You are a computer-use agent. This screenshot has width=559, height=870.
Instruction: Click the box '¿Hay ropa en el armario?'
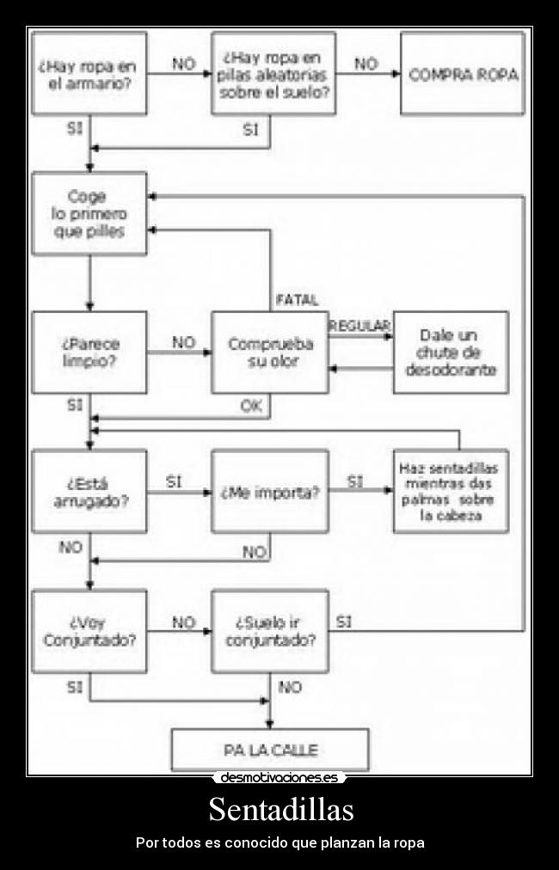pyautogui.click(x=89, y=73)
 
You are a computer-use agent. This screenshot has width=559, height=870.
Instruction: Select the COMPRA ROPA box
pyautogui.click(x=463, y=74)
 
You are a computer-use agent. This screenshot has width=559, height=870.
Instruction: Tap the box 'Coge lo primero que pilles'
pyautogui.click(x=89, y=213)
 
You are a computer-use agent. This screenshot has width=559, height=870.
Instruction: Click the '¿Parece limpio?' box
pyautogui.click(x=89, y=352)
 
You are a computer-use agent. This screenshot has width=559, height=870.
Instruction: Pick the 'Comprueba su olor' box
pyautogui.click(x=269, y=352)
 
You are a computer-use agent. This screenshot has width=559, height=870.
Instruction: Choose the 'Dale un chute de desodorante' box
pyautogui.click(x=451, y=352)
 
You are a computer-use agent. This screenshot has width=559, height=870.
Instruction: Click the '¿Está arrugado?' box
pyautogui.click(x=89, y=492)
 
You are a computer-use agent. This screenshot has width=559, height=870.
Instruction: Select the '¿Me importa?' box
pyautogui.click(x=269, y=492)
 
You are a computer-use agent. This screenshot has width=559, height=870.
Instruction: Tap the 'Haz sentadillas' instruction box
pyautogui.click(x=451, y=492)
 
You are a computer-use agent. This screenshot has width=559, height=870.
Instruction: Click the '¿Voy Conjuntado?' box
pyautogui.click(x=89, y=631)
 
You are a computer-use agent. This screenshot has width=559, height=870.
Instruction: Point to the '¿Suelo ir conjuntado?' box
pyautogui.click(x=269, y=631)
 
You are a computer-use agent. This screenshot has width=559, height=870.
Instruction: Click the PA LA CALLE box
pyautogui.click(x=270, y=750)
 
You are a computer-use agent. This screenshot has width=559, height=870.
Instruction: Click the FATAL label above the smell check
pyautogui.click(x=297, y=300)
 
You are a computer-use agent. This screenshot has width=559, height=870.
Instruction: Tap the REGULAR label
pyautogui.click(x=359, y=325)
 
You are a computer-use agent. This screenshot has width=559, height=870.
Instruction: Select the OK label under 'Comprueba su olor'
pyautogui.click(x=251, y=407)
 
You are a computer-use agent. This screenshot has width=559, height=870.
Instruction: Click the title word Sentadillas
pyautogui.click(x=280, y=810)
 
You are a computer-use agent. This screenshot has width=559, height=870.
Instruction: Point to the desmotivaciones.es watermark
pyautogui.click(x=279, y=778)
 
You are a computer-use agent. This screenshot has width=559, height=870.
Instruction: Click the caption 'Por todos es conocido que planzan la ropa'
pyautogui.click(x=280, y=842)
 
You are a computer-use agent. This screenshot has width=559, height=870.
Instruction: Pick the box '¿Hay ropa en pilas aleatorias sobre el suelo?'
pyautogui.click(x=273, y=73)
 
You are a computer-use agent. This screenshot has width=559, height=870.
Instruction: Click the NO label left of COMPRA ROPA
pyautogui.click(x=366, y=64)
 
